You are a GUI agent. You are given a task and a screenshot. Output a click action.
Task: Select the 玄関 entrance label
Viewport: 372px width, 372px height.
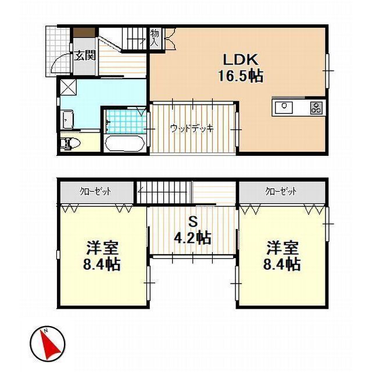pyautogui.click(x=84, y=56)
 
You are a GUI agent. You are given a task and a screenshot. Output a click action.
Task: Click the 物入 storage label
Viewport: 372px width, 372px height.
pyautogui.click(x=155, y=38)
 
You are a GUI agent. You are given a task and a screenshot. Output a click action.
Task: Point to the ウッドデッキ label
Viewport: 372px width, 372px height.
pyautogui.click(x=192, y=128)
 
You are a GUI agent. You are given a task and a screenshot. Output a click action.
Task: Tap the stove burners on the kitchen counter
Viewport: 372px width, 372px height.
pyautogui.click(x=316, y=107)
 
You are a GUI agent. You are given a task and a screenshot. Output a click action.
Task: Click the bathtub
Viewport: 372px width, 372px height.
pyautogui.click(x=125, y=143)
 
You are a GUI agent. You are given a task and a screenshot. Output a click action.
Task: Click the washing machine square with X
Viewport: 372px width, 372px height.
pyautogui.click(x=68, y=88)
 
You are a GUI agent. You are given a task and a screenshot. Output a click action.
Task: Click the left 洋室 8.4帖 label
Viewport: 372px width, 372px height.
pyautogui.click(x=103, y=256)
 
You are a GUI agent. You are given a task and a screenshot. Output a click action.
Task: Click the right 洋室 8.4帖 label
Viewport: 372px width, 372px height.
pyautogui.click(x=283, y=256)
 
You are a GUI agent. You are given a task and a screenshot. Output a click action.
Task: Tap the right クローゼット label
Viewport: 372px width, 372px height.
pyautogui.click(x=281, y=191)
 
